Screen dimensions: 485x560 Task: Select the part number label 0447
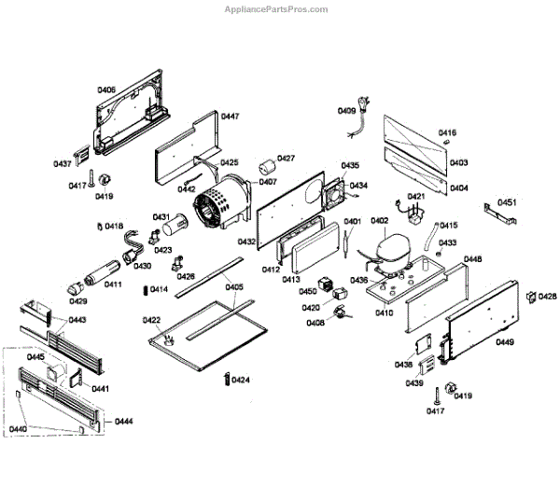[x=230, y=117]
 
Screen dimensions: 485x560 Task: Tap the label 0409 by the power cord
[x=346, y=111]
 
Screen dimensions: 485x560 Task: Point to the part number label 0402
[x=379, y=221]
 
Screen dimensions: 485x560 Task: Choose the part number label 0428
[x=547, y=297]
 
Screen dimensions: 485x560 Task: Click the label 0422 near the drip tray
[x=152, y=320]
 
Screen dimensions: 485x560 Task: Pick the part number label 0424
[x=241, y=381]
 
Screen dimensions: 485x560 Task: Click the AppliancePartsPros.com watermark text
[x=276, y=9]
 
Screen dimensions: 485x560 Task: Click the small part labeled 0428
[x=531, y=298]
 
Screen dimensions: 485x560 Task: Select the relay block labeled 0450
[x=326, y=284]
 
